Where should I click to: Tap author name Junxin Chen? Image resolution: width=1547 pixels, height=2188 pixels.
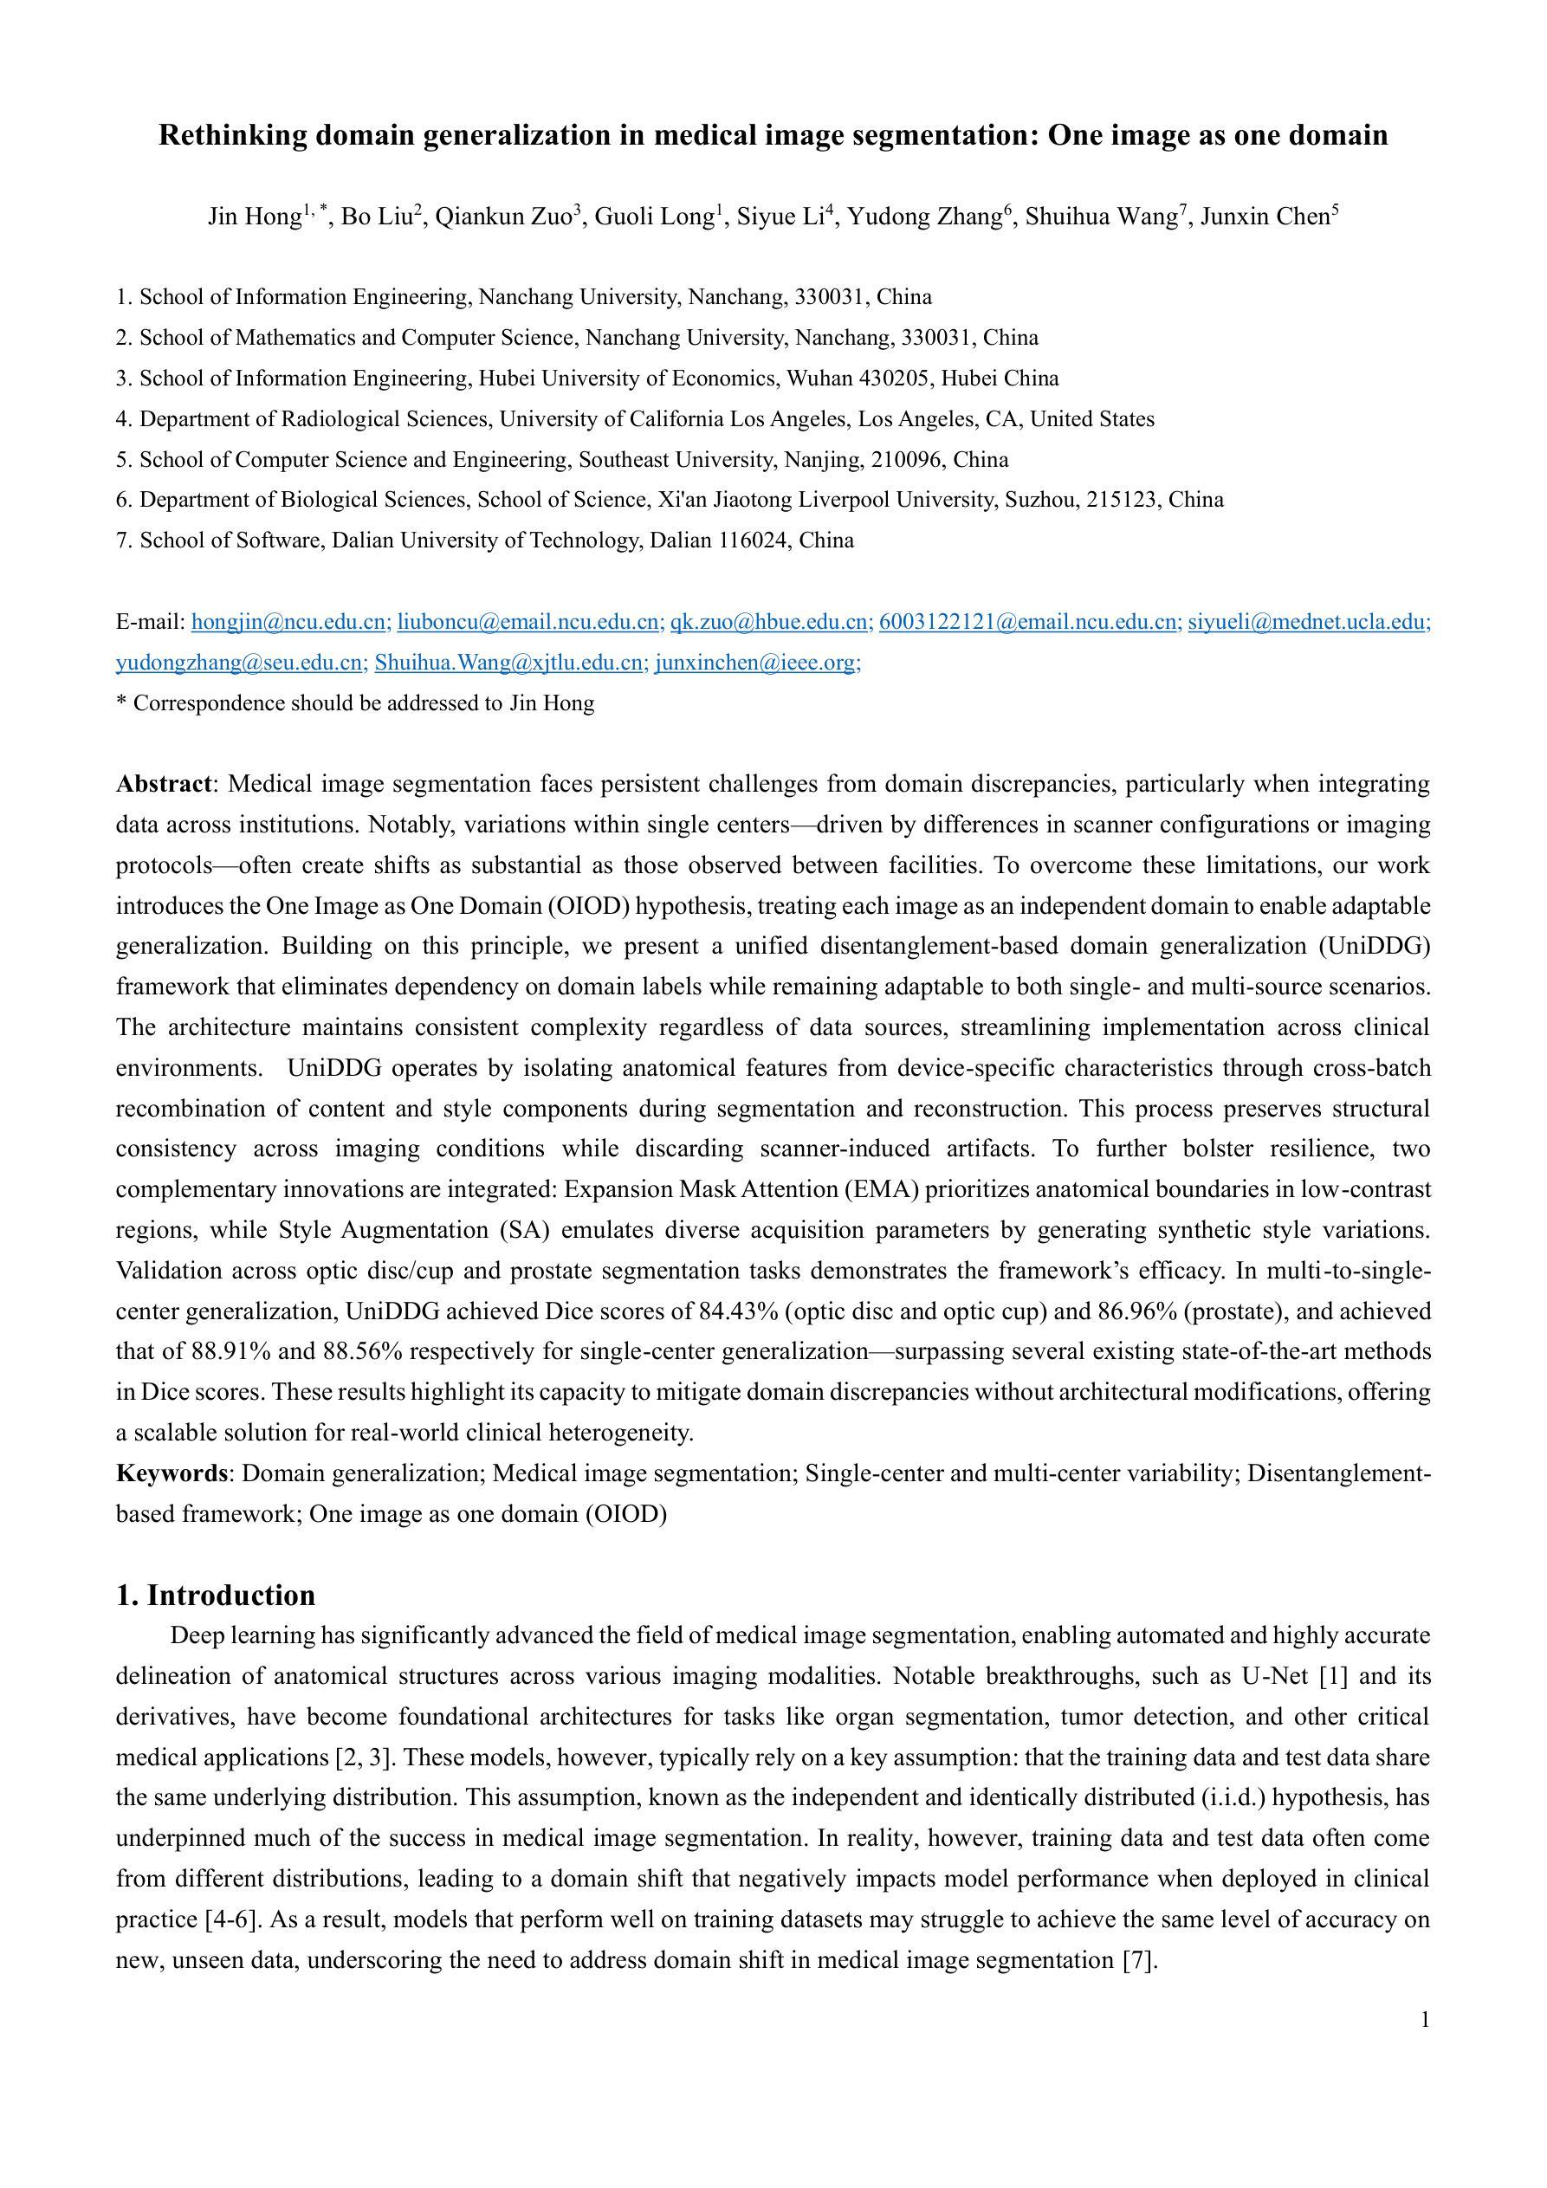[1265, 217]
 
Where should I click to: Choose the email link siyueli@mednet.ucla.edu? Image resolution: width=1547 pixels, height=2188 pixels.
[1308, 622]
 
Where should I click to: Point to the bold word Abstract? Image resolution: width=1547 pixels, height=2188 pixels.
[163, 784]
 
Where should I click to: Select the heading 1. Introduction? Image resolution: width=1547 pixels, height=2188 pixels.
[216, 1596]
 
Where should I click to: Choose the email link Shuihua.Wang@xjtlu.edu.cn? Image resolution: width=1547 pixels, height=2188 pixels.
[509, 664]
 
